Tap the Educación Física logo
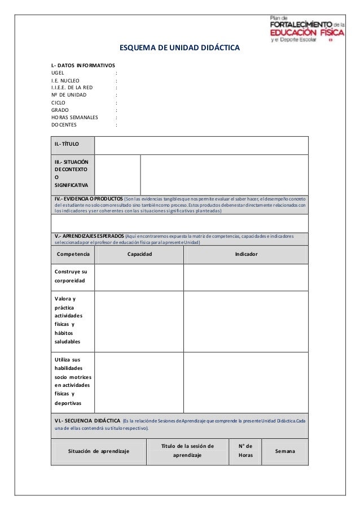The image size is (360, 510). pyautogui.click(x=305, y=28)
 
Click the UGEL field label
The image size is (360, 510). pyautogui.click(x=58, y=73)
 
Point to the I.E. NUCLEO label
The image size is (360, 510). pyautogui.click(x=65, y=81)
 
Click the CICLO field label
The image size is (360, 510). pyautogui.click(x=59, y=103)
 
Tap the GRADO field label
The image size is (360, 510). pyautogui.click(x=60, y=110)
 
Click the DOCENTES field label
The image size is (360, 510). pyautogui.click(x=64, y=125)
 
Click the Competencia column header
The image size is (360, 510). pyautogui.click(x=73, y=254)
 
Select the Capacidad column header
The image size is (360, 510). pyautogui.click(x=139, y=254)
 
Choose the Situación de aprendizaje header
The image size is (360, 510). pyautogui.click(x=99, y=451)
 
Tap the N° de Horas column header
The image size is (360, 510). pyautogui.click(x=245, y=450)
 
